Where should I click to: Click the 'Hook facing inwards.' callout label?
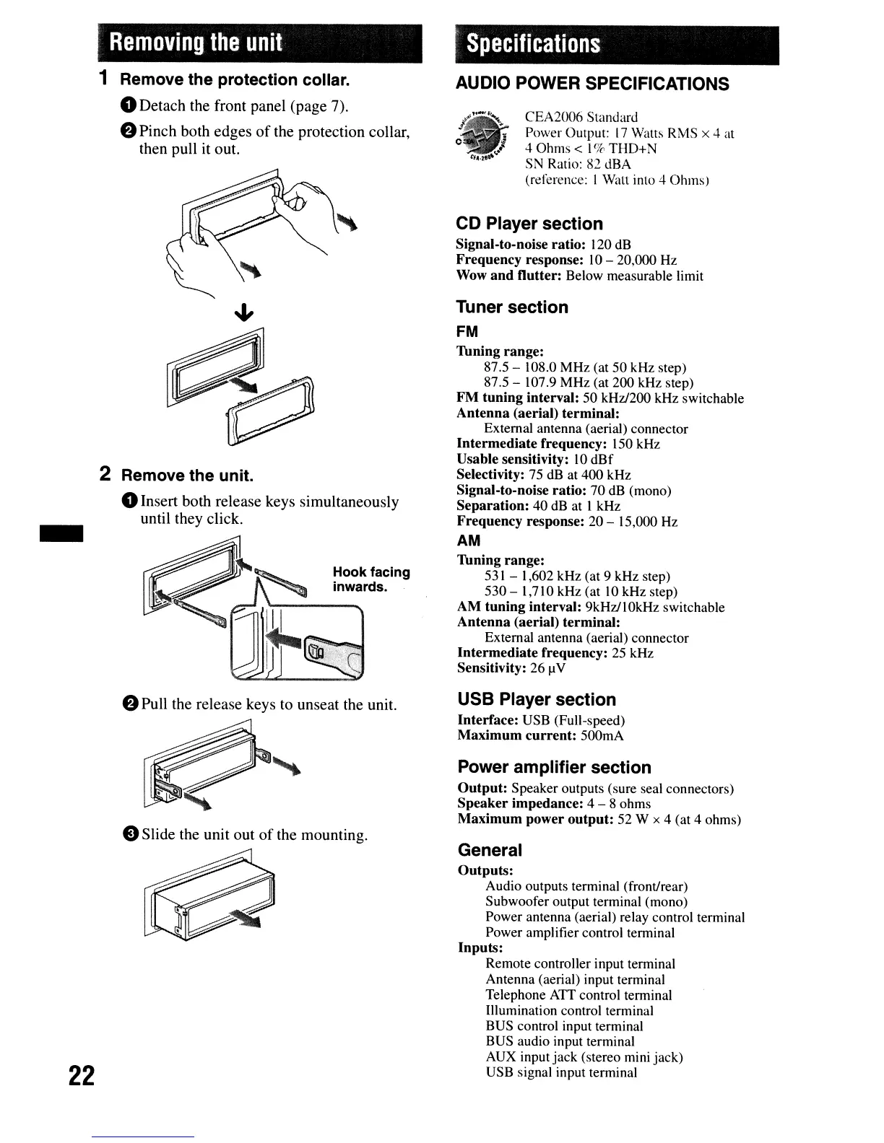coord(370,579)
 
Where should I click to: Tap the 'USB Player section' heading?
coord(537,699)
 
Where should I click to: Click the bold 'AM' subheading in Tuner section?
coord(469,541)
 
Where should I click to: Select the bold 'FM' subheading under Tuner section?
coord(467,332)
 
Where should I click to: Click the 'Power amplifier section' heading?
coord(554,767)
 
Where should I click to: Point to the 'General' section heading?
coord(490,850)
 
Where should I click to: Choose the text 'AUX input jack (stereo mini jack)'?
coord(584,1057)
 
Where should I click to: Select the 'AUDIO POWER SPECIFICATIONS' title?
coord(592,84)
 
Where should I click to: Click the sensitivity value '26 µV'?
coord(547,668)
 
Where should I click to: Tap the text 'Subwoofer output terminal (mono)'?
coord(586,902)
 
